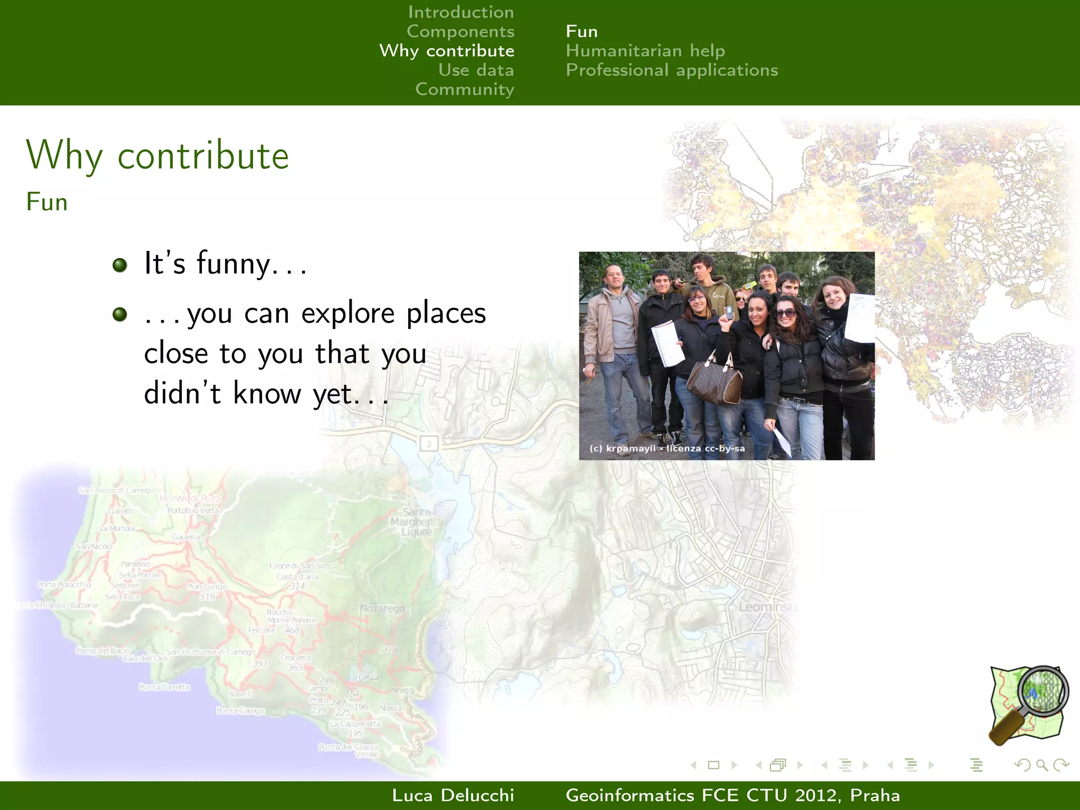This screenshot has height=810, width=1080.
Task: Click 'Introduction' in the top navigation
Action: [460, 12]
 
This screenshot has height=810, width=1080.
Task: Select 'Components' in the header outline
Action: [460, 32]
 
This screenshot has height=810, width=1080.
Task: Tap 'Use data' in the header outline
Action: [476, 70]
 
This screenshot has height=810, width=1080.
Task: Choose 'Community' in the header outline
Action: [464, 89]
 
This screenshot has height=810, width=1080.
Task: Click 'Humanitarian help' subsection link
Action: [645, 51]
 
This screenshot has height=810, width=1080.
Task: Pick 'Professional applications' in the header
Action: [671, 70]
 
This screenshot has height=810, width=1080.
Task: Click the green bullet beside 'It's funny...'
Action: [120, 265]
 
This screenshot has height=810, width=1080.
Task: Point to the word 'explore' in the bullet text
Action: [348, 313]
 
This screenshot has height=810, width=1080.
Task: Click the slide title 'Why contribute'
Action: [157, 156]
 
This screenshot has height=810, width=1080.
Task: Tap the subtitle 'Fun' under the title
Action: [47, 202]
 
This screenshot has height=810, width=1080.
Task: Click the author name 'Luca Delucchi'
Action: [452, 795]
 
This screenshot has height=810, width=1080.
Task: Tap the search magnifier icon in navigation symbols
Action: [1042, 765]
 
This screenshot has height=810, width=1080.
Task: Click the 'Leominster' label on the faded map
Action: [767, 607]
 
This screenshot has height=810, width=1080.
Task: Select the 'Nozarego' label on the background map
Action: [382, 609]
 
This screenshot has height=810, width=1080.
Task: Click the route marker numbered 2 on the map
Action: [429, 443]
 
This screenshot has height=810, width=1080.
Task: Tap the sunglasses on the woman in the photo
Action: [786, 313]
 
